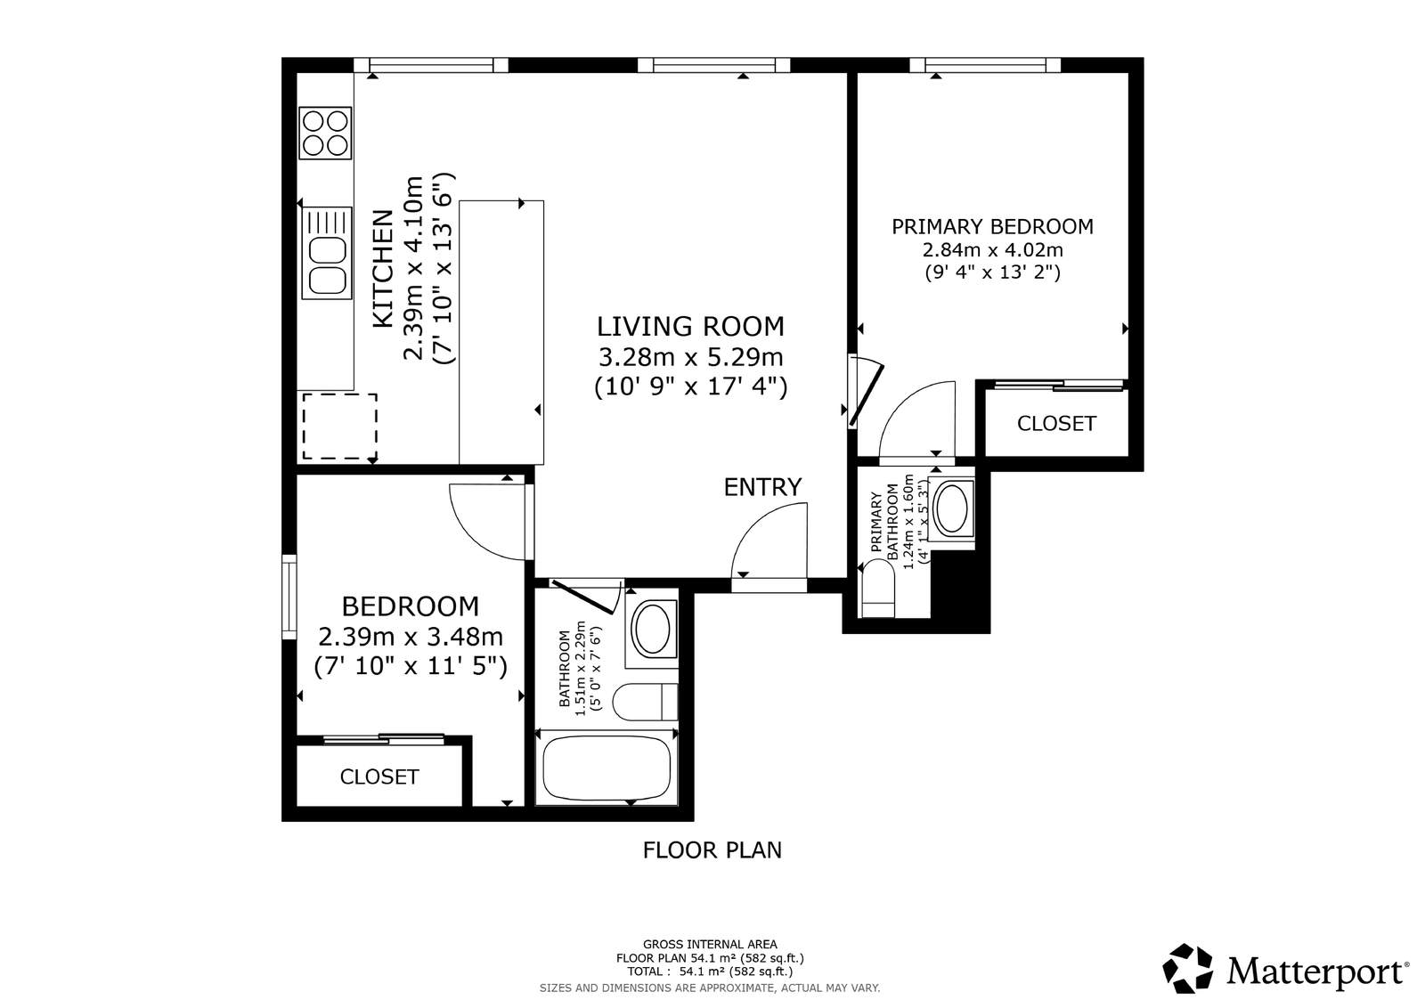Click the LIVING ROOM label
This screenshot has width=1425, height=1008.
[x=690, y=326]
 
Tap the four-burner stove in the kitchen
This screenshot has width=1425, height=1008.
[x=325, y=133]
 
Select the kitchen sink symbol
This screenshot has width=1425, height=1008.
[x=327, y=253]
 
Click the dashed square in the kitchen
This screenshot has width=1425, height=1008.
[x=339, y=427]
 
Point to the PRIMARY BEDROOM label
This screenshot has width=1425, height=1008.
[x=992, y=226]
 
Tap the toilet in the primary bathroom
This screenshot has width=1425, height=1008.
[x=878, y=589]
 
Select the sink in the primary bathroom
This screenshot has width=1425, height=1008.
[x=952, y=508]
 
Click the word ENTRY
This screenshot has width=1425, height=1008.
[x=762, y=487]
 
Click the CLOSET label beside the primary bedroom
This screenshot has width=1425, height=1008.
[x=1056, y=424]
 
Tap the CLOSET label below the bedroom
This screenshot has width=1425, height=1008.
[x=379, y=776]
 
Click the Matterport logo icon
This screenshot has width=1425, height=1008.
[x=1188, y=968]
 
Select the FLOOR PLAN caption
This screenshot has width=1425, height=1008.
[x=712, y=850]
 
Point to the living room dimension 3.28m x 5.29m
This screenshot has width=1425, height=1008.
[x=690, y=357]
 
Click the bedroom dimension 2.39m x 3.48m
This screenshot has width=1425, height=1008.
[x=411, y=636]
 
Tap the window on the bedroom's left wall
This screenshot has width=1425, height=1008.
[x=289, y=597]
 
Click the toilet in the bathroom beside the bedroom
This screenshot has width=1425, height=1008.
[x=645, y=702]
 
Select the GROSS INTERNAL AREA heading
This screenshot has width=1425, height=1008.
[x=710, y=945]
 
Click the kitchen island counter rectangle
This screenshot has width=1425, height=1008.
[x=501, y=332]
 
